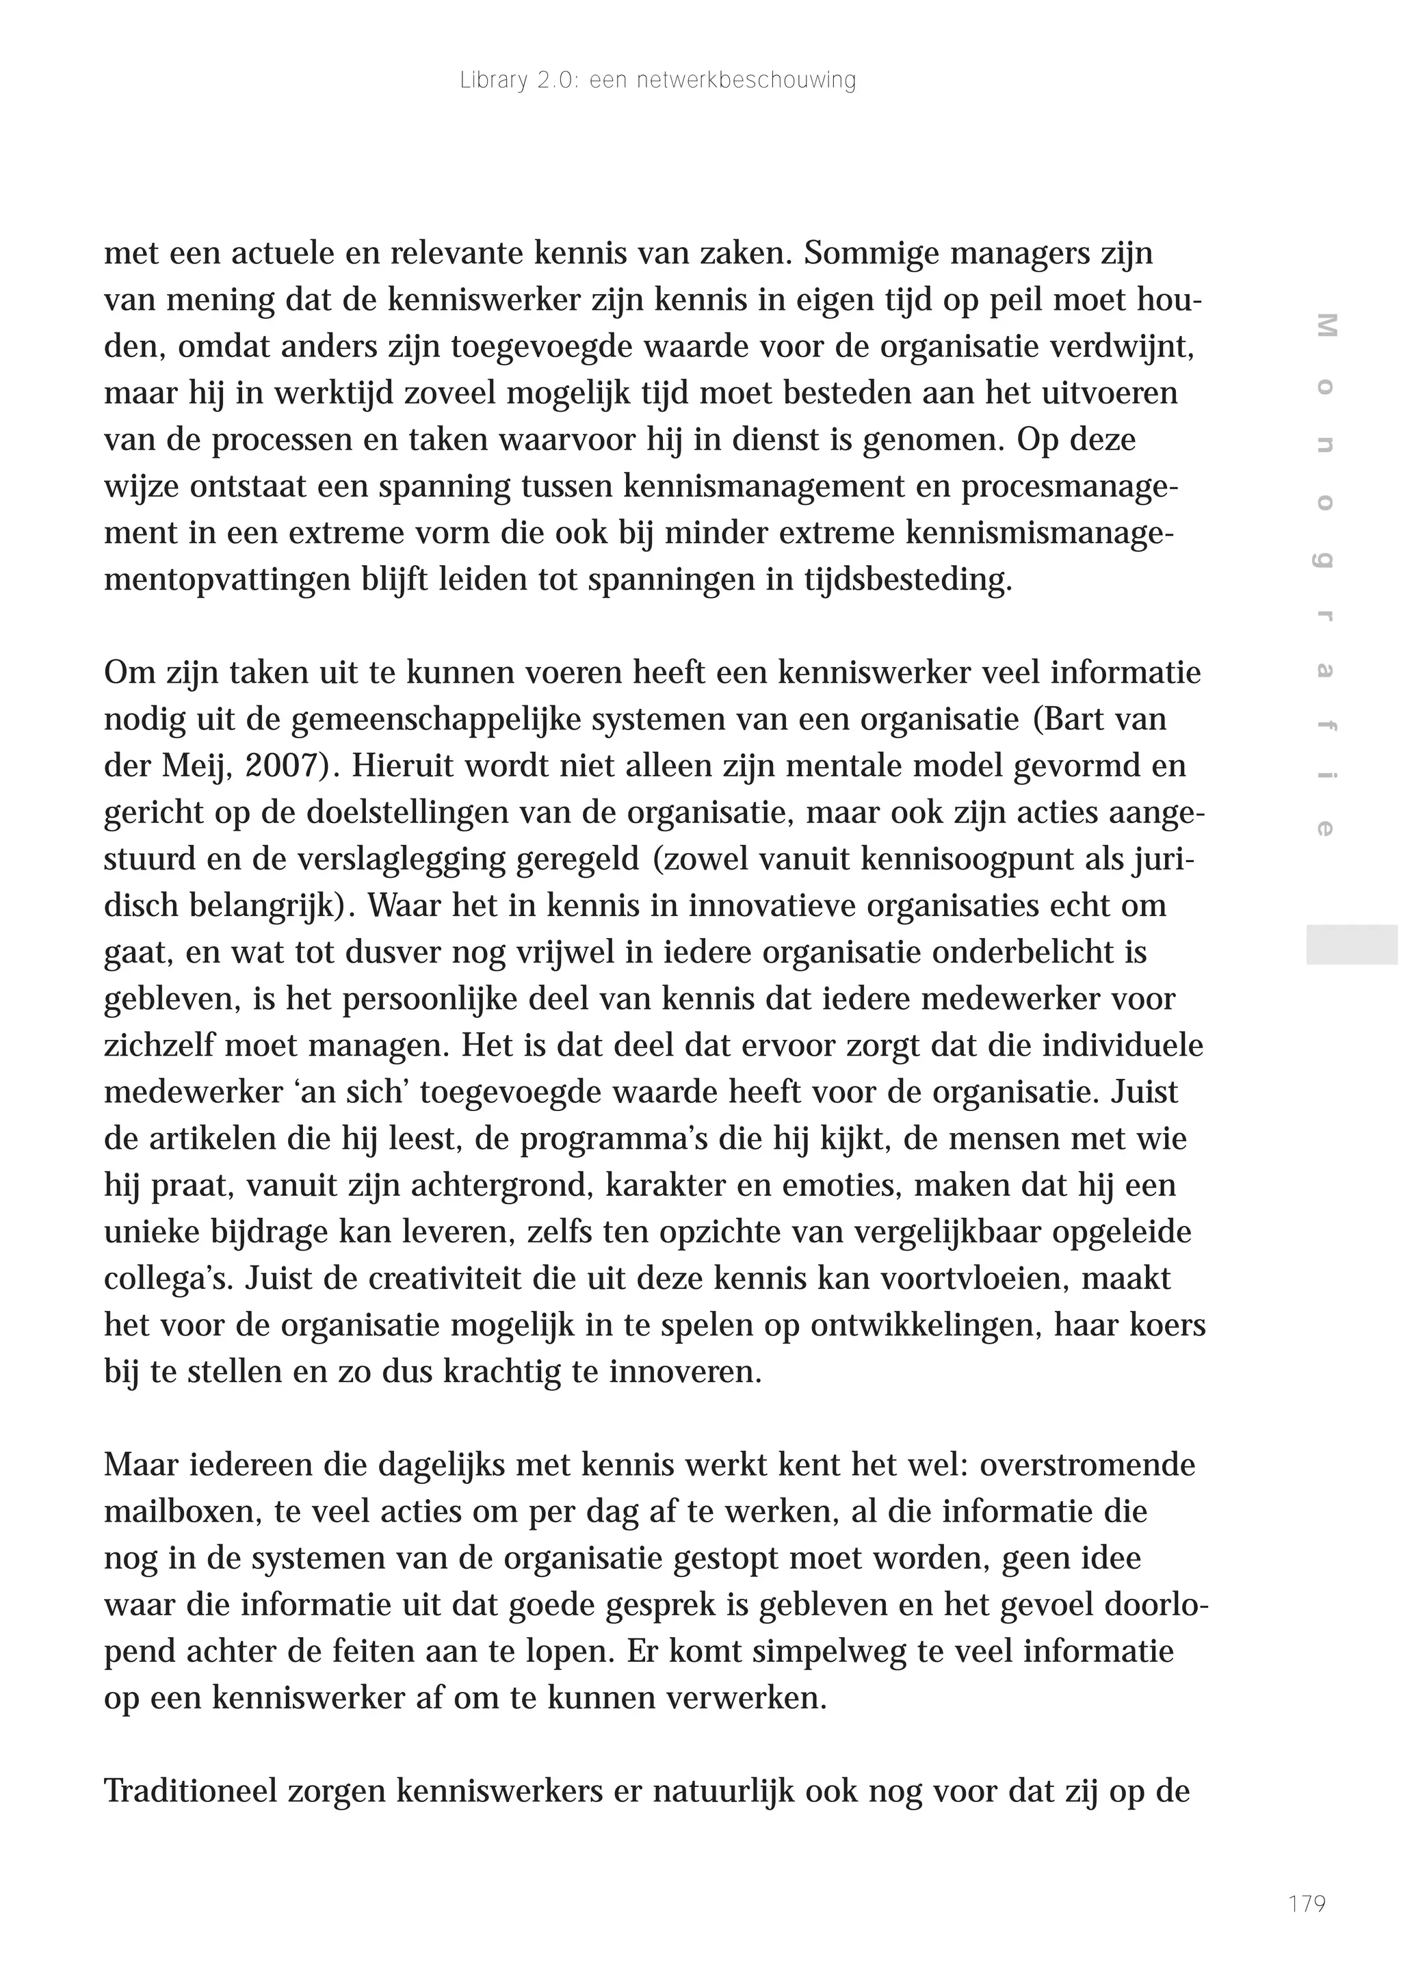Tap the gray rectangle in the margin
coord(1351,944)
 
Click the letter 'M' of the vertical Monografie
coord(1326,326)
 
